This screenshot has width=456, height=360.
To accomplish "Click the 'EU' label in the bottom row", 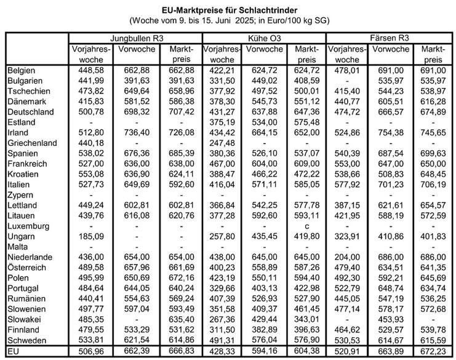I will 14,351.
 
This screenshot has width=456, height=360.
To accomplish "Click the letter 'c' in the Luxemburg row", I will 306,225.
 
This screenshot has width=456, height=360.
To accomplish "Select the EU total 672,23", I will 433,351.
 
